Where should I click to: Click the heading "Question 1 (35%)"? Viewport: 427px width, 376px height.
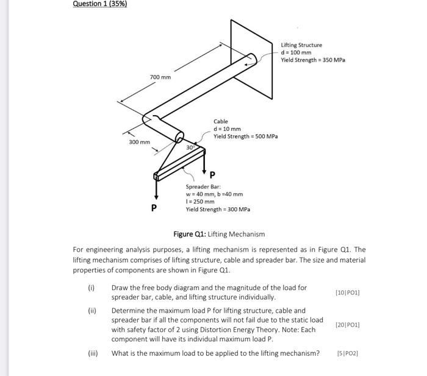pyautogui.click(x=100, y=4)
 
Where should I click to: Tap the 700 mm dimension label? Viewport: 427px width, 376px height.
pyautogui.click(x=160, y=77)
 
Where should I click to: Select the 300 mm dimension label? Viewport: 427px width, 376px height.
pyautogui.click(x=139, y=142)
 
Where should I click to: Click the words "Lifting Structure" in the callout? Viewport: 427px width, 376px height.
pyautogui.click(x=301, y=44)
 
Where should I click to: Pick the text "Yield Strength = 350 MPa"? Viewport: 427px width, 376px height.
pyautogui.click(x=313, y=60)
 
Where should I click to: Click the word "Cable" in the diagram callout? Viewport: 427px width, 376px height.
pyautogui.click(x=220, y=121)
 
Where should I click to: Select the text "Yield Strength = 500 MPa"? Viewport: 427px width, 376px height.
pyautogui.click(x=245, y=137)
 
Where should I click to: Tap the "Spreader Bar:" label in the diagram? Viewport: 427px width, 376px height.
pyautogui.click(x=203, y=186)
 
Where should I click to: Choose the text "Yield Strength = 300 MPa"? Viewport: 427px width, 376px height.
pyautogui.click(x=218, y=209)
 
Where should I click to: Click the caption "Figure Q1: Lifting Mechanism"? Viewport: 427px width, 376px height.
pyautogui.click(x=219, y=234)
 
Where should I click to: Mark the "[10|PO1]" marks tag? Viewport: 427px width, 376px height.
pyautogui.click(x=348, y=293)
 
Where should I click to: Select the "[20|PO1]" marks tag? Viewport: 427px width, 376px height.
pyautogui.click(x=348, y=325)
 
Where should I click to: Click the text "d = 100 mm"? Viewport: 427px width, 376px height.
pyautogui.click(x=296, y=52)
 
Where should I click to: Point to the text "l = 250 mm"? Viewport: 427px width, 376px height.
pyautogui.click(x=200, y=202)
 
